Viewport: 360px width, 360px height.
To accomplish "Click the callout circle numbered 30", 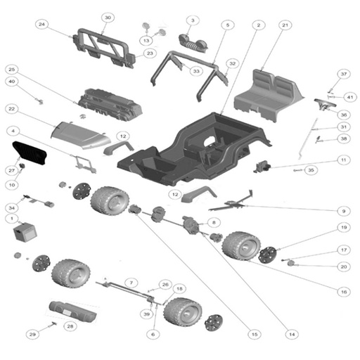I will pyautogui.click(x=107, y=17).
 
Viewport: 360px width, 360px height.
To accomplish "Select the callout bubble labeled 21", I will pyautogui.click(x=285, y=26).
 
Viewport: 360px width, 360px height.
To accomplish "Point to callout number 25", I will pyautogui.click(x=12, y=70).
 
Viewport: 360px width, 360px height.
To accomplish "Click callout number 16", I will pyautogui.click(x=343, y=291).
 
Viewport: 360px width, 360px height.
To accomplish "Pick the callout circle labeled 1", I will pyautogui.click(x=12, y=219).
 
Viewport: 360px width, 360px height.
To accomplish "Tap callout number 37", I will pyautogui.click(x=343, y=74).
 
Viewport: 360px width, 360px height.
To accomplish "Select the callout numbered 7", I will pyautogui.click(x=129, y=282).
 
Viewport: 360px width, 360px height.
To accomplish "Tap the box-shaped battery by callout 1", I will pyautogui.click(x=28, y=233).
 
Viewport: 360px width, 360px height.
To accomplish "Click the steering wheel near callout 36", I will pyautogui.click(x=323, y=103).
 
